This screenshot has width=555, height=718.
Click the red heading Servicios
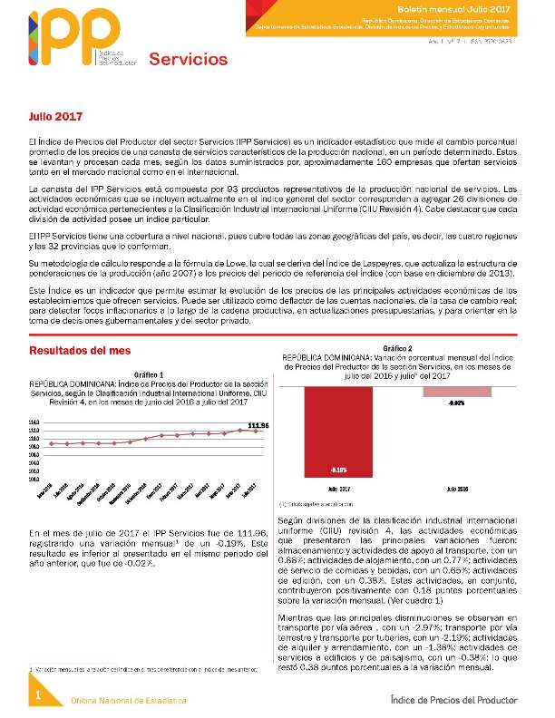pyautogui.click(x=188, y=60)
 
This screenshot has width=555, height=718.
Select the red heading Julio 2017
pyautogui.click(x=55, y=118)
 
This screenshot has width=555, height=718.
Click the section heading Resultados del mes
pyautogui.click(x=80, y=350)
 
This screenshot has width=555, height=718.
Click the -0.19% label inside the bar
pyautogui.click(x=337, y=470)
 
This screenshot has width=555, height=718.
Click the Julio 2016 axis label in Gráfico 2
pyautogui.click(x=457, y=489)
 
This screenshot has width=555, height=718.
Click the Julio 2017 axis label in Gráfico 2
pyautogui.click(x=337, y=489)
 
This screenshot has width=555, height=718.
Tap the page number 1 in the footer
pyautogui.click(x=39, y=694)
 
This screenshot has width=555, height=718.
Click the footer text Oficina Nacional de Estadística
pyautogui.click(x=129, y=701)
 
